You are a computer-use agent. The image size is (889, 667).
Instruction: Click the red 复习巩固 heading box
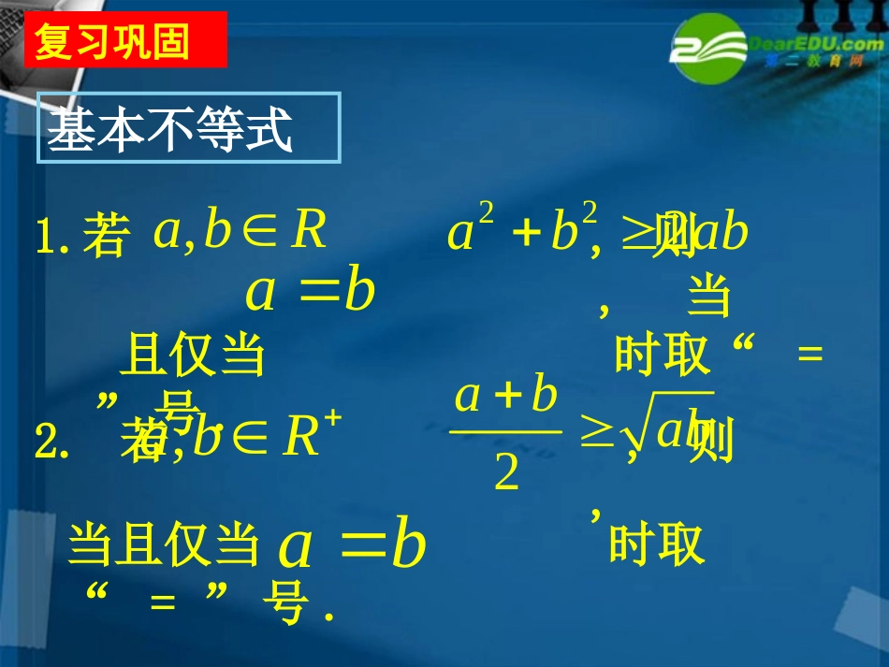coord(125,40)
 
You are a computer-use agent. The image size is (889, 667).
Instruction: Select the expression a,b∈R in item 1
coord(240,231)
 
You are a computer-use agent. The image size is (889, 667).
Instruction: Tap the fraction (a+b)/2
coord(505,435)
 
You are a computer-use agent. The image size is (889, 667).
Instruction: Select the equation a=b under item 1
coord(310,292)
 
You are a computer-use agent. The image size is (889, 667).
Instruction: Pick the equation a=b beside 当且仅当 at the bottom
coord(352,547)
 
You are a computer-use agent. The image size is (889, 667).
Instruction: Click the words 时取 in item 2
coord(656,544)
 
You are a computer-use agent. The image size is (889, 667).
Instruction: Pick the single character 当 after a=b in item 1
coord(708,297)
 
